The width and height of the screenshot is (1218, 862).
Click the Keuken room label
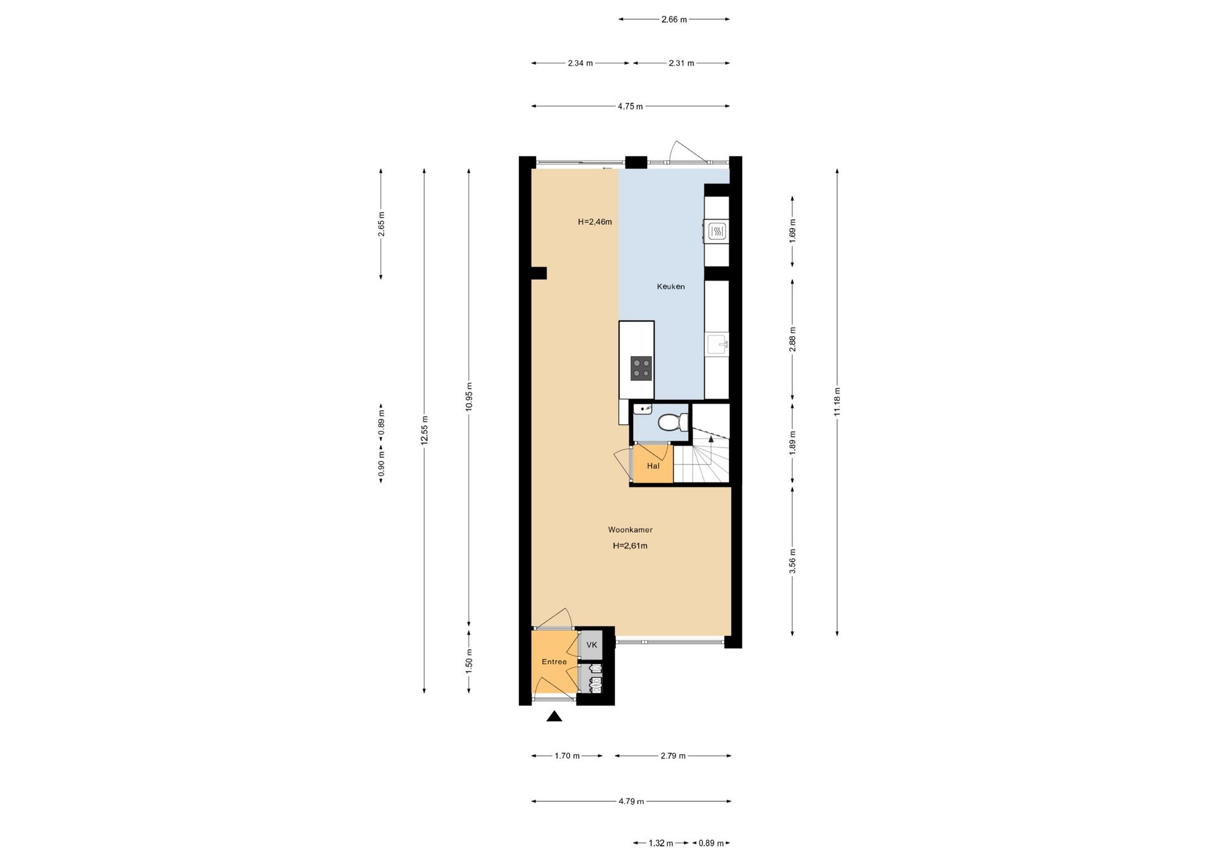tap(671, 286)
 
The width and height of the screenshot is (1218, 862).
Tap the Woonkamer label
tap(630, 529)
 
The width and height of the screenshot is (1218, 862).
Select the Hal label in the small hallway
tap(653, 466)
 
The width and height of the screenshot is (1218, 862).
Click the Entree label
tap(554, 661)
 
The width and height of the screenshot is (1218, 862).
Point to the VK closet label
tap(592, 645)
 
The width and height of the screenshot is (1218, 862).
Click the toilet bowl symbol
tap(672, 421)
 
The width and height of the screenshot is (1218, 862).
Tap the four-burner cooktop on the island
tap(641, 368)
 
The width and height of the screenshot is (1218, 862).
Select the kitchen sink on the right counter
tap(717, 345)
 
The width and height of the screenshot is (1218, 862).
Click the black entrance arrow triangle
tap(554, 716)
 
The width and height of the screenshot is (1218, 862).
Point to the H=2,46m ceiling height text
tap(594, 222)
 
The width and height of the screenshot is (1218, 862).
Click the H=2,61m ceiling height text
tap(630, 545)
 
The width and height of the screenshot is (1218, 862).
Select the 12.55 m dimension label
tap(424, 430)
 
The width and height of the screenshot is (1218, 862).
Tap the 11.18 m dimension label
tap(837, 402)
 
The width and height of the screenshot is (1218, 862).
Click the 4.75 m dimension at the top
tap(630, 107)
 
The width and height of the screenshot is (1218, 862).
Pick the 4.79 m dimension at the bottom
tap(631, 801)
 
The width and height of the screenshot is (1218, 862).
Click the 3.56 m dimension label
tap(792, 560)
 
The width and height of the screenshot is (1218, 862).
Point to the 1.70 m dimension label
tap(567, 755)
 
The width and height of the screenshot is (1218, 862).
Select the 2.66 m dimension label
tap(674, 20)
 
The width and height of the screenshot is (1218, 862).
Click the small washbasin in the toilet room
tap(643, 408)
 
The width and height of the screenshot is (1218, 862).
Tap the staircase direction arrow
tap(711, 438)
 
